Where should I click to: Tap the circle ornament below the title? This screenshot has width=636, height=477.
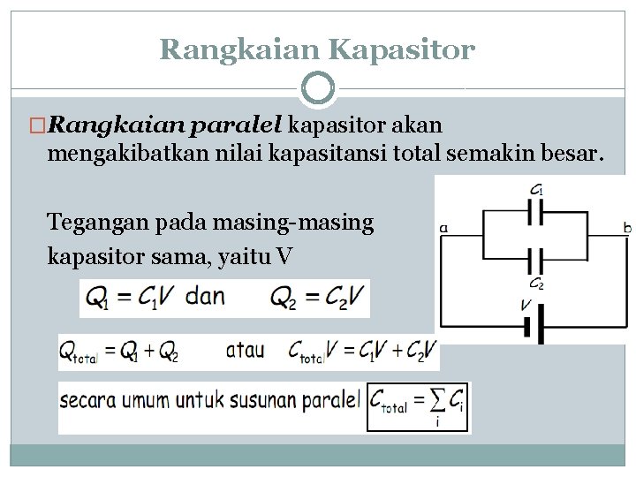click(318, 88)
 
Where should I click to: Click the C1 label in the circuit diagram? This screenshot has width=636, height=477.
click(536, 189)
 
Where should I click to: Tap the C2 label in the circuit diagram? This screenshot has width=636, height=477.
click(536, 284)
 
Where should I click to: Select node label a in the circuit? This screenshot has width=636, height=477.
click(443, 228)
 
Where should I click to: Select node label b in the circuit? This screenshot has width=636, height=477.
click(626, 228)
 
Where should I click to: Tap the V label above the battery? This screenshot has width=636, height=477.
click(526, 305)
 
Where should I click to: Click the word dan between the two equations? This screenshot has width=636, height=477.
click(205, 296)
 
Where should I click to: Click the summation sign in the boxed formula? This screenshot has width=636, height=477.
click(435, 402)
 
